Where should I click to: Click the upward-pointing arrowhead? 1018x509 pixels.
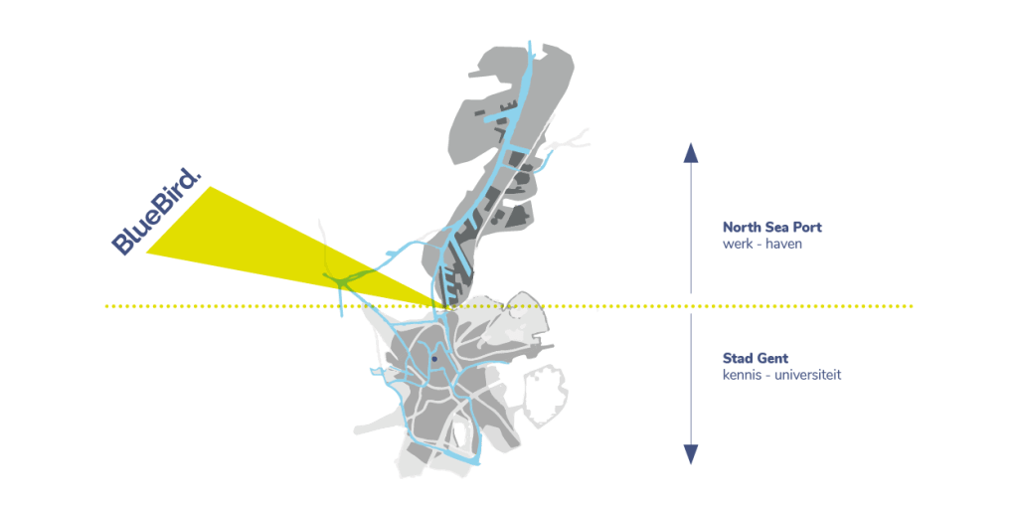pos(691,151)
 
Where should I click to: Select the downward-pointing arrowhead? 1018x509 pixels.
pos(691,454)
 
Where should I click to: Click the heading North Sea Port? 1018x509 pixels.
pos(772,227)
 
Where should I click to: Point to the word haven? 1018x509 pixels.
pos(784,244)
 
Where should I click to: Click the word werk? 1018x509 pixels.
pos(738,244)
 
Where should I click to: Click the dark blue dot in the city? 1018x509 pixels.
pos(434,359)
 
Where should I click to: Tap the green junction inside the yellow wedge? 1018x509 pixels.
pos(338,281)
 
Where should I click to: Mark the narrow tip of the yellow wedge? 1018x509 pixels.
pos(444,305)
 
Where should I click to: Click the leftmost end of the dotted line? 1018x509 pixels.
pos(106,306)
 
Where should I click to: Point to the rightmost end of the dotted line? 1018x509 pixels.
pos(912,306)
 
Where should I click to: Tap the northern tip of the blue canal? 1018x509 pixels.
pos(530,44)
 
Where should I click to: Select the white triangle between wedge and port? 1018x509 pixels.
pos(408,269)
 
